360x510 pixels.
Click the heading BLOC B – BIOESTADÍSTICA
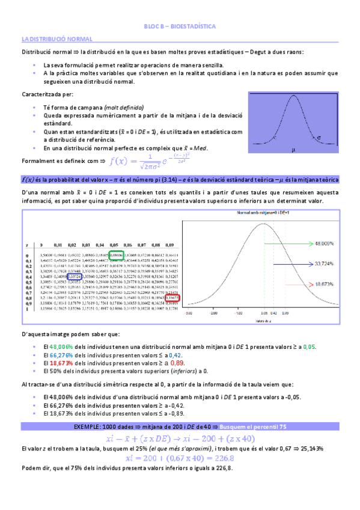click(180, 27)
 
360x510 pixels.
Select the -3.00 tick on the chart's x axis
click(189, 313)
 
